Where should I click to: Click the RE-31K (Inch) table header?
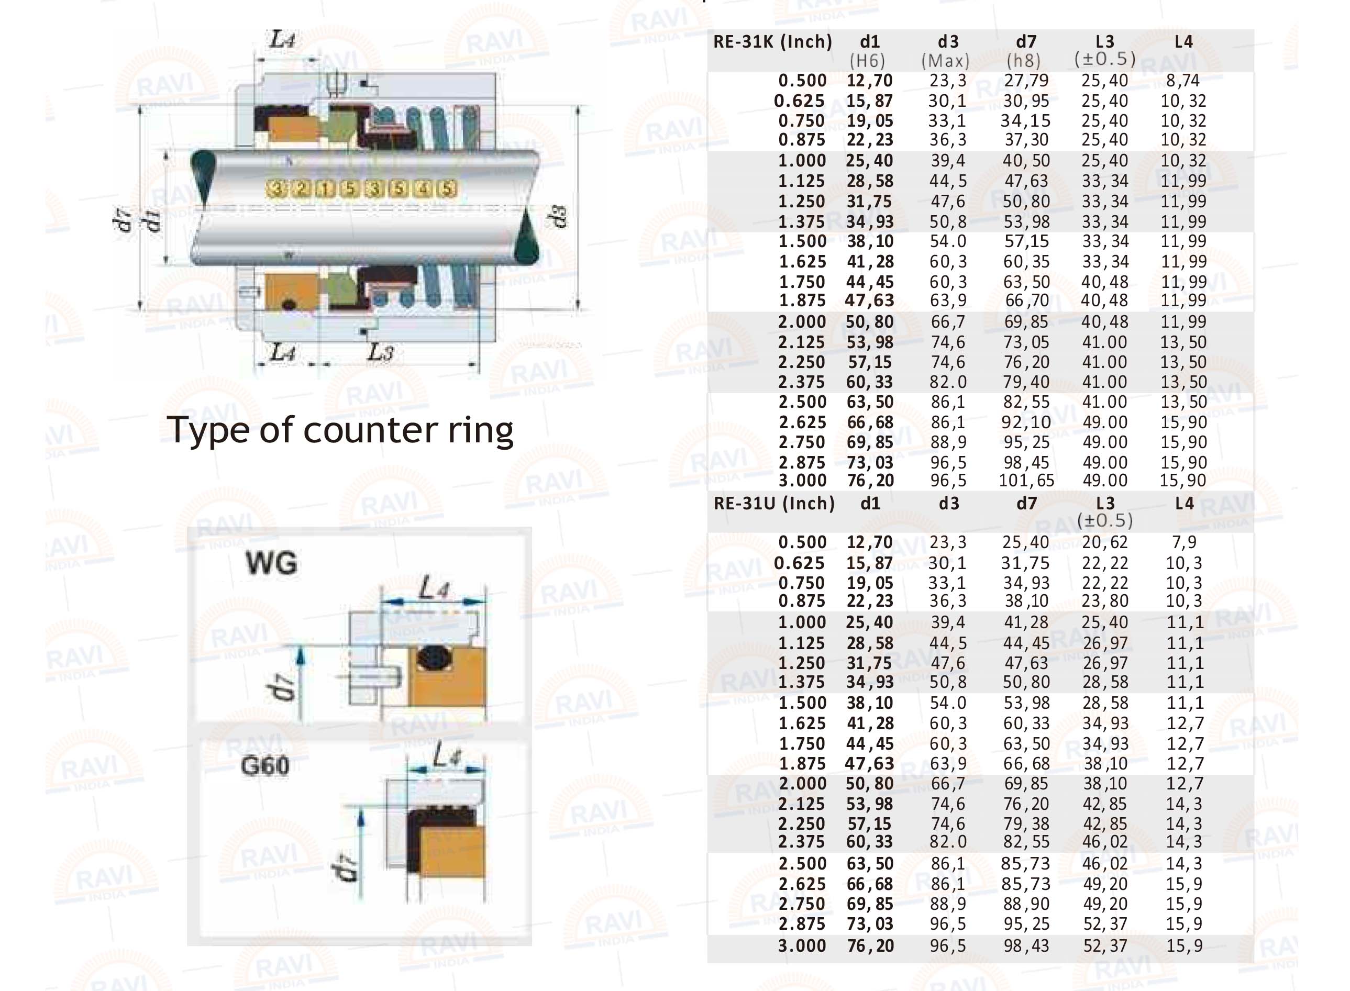(x=772, y=42)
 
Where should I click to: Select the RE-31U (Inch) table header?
(x=774, y=503)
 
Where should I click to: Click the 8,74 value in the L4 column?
(x=1182, y=81)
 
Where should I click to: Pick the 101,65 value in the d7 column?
(x=1026, y=481)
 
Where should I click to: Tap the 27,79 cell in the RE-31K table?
(x=1026, y=81)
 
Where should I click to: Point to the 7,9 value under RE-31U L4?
(x=1184, y=542)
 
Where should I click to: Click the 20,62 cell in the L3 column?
(x=1104, y=542)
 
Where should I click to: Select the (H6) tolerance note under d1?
(x=868, y=61)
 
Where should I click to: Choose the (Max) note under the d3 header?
(x=946, y=61)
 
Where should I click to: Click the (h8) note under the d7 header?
(x=1024, y=61)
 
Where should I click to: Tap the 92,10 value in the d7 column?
(x=1026, y=422)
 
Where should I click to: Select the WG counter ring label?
(x=271, y=563)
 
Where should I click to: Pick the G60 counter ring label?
(x=264, y=766)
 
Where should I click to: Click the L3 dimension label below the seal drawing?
(x=380, y=353)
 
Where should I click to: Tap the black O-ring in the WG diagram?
(x=433, y=658)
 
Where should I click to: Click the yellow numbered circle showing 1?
(x=325, y=189)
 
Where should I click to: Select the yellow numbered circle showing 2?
(x=301, y=189)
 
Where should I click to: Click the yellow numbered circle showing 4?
(x=423, y=189)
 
